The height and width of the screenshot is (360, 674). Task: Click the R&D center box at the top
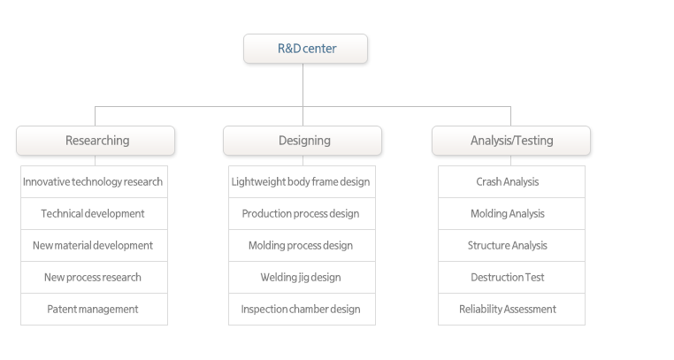pyautogui.click(x=306, y=49)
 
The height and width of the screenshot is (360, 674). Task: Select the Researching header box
pyautogui.click(x=96, y=141)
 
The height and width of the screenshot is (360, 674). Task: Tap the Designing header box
pyautogui.click(x=303, y=141)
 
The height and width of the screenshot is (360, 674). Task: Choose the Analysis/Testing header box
pyautogui.click(x=511, y=141)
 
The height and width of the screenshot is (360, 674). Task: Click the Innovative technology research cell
pyautogui.click(x=94, y=181)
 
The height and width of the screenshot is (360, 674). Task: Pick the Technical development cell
pyautogui.click(x=94, y=213)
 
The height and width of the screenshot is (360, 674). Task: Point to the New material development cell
pyautogui.click(x=94, y=245)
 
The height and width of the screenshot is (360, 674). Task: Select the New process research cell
pyautogui.click(x=94, y=277)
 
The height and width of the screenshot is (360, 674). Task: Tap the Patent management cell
pyautogui.click(x=94, y=309)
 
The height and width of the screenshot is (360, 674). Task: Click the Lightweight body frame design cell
pyautogui.click(x=302, y=181)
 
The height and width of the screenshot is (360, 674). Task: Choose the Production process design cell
pyautogui.click(x=302, y=213)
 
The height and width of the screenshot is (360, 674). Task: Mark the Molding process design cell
pyautogui.click(x=302, y=245)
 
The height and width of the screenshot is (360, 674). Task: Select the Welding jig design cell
pyautogui.click(x=302, y=277)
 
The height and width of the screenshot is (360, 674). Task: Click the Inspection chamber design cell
pyautogui.click(x=302, y=309)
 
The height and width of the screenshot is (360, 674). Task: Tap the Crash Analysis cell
pyautogui.click(x=511, y=181)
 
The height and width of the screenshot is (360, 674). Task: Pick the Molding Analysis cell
pyautogui.click(x=511, y=213)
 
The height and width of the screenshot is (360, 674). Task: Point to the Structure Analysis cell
pyautogui.click(x=511, y=245)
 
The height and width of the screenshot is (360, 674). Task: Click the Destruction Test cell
pyautogui.click(x=511, y=277)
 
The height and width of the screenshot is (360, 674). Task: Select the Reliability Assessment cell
pyautogui.click(x=511, y=309)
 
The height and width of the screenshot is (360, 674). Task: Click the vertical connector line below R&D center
pyautogui.click(x=303, y=95)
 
